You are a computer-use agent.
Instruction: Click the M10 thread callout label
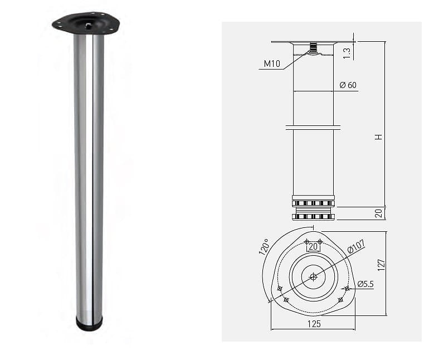pos(272,64)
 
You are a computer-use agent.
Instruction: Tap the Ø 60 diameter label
pos(348,85)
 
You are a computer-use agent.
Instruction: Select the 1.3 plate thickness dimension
pos(347,53)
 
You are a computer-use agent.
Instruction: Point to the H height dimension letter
pos(379,137)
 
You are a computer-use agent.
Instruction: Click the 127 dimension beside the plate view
pos(381,265)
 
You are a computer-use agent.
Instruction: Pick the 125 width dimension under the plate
pos(314,324)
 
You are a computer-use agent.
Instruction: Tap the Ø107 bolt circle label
pos(356,246)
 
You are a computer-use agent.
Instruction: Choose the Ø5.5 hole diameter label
pos(365,284)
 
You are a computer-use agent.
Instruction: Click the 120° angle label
pos(264,246)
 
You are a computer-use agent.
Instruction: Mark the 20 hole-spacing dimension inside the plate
pos(313,246)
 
